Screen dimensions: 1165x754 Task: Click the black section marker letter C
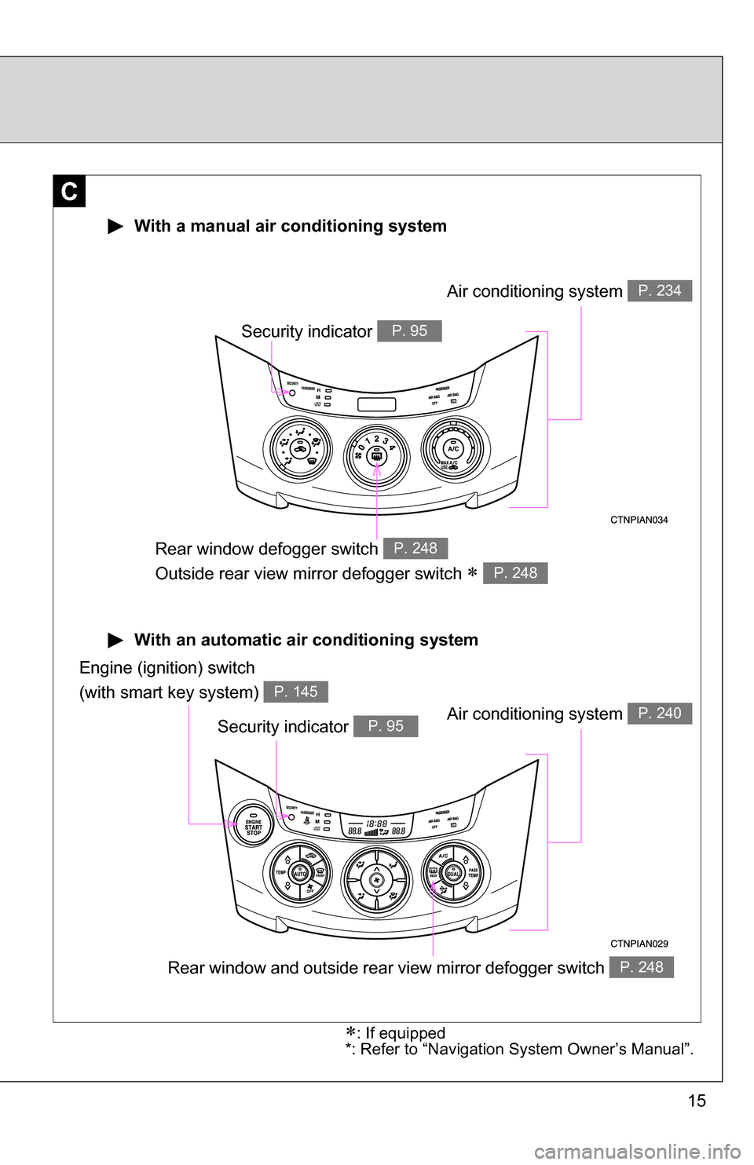tap(69, 191)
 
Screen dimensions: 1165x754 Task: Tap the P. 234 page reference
tap(659, 290)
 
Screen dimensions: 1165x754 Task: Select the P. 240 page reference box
tap(659, 713)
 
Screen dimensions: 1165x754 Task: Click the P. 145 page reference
tap(295, 692)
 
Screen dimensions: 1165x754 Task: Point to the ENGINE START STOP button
tap(253, 825)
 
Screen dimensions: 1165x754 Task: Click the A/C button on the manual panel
tap(453, 449)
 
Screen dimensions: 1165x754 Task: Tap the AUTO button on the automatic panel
tap(299, 873)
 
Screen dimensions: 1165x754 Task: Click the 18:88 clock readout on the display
tap(377, 824)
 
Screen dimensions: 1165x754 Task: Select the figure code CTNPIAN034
tap(639, 520)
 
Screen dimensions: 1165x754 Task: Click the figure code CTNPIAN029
tap(639, 944)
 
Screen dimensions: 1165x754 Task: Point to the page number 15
tap(697, 1101)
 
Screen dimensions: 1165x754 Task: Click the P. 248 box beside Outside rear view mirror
tap(515, 573)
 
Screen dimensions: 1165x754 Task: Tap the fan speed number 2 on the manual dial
tap(376, 439)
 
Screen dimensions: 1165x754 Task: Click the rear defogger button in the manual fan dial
tap(376, 456)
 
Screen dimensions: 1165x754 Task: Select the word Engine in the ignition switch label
tap(105, 668)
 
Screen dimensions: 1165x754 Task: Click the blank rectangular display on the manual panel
tap(376, 404)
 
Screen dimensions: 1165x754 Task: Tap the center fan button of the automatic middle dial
tap(376, 880)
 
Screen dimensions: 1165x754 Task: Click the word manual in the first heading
tap(220, 226)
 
